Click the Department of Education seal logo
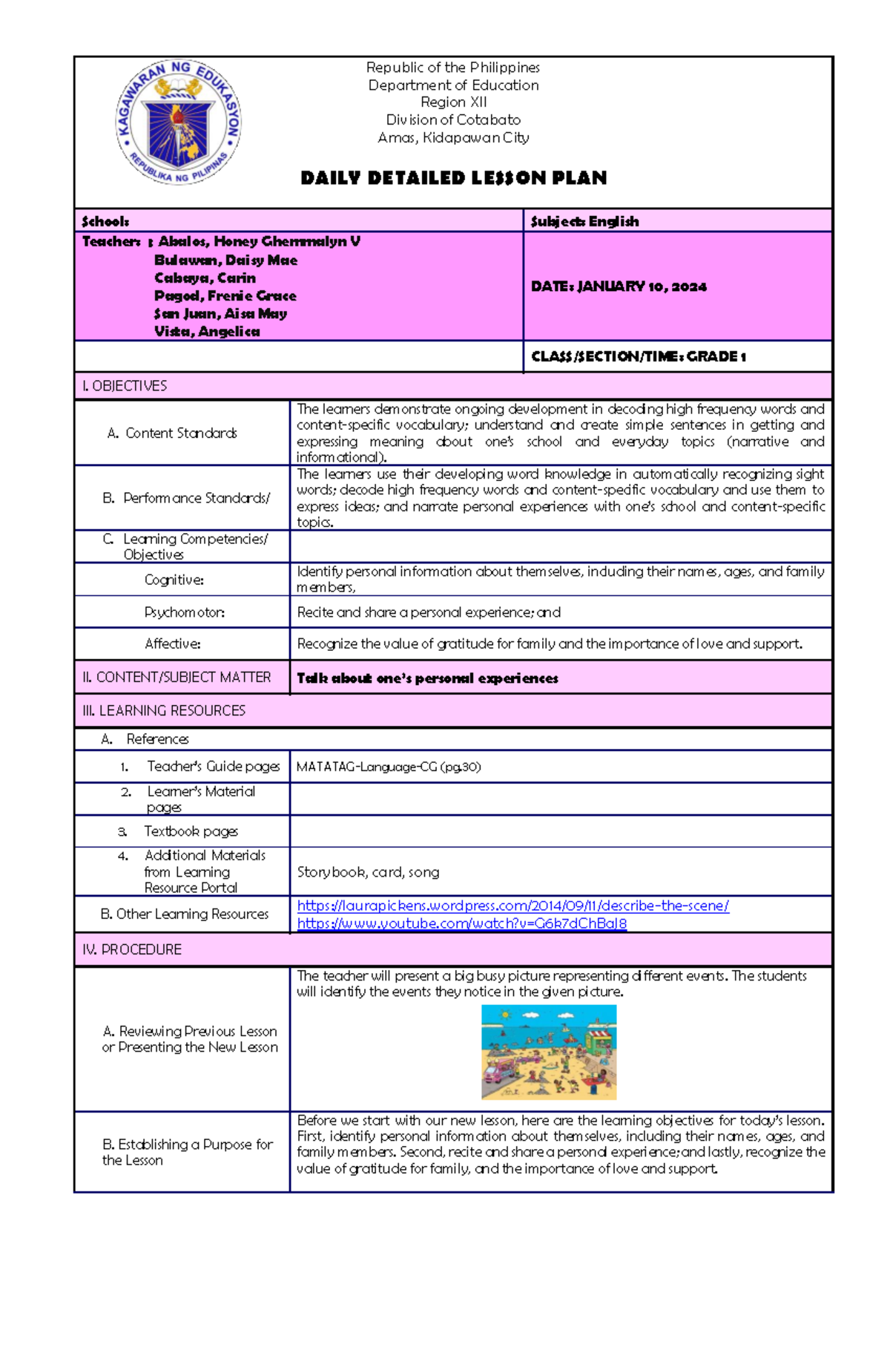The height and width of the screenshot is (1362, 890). pyautogui.click(x=178, y=122)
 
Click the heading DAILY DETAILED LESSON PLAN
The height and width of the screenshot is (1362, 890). pyautogui.click(x=453, y=178)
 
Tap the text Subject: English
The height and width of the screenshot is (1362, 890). pyautogui.click(x=584, y=221)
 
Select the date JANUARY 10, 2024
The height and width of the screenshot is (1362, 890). pyautogui.click(x=619, y=287)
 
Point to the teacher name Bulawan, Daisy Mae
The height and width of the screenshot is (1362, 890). pyautogui.click(x=225, y=261)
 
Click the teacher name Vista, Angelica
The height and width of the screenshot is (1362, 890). pyautogui.click(x=207, y=332)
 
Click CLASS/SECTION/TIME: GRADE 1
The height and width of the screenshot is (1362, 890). pyautogui.click(x=638, y=356)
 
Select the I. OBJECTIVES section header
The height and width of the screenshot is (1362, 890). pyautogui.click(x=125, y=386)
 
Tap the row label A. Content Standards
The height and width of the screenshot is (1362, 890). pyautogui.click(x=172, y=433)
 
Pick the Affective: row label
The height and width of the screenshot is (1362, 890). pyautogui.click(x=172, y=644)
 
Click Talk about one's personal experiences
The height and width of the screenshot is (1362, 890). pyautogui.click(x=427, y=678)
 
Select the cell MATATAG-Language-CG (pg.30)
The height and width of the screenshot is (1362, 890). pyautogui.click(x=388, y=767)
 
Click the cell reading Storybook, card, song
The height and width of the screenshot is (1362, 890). pyautogui.click(x=368, y=872)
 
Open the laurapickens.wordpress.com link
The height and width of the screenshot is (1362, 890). pyautogui.click(x=512, y=906)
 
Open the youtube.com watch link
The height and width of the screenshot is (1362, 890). pyautogui.click(x=461, y=923)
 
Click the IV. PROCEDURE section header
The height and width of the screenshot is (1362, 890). pyautogui.click(x=132, y=949)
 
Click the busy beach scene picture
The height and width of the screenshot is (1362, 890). pyautogui.click(x=549, y=1052)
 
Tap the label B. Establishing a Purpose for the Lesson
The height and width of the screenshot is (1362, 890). pyautogui.click(x=187, y=1152)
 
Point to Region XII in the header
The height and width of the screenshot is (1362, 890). pyautogui.click(x=453, y=102)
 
